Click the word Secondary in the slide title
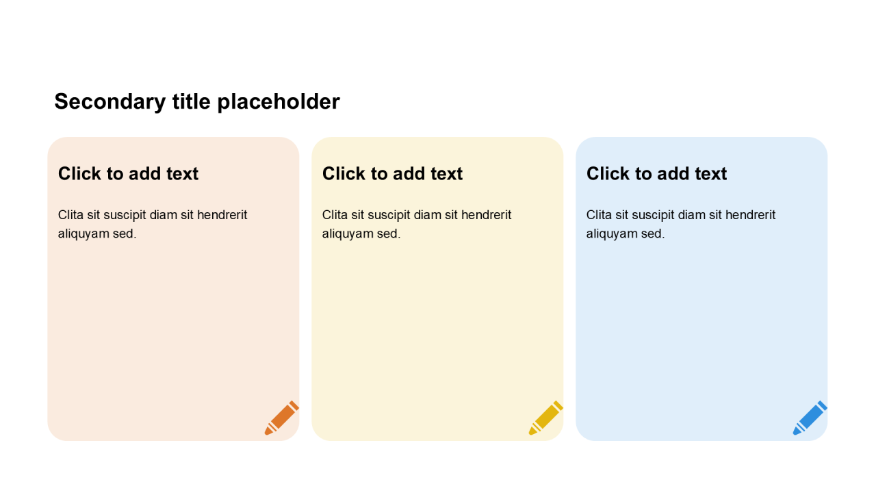click(x=110, y=102)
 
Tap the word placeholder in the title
click(x=279, y=102)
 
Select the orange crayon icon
click(x=281, y=418)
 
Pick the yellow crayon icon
click(x=546, y=418)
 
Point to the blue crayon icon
click(x=810, y=418)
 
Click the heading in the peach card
click(x=128, y=173)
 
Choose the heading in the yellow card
click(x=392, y=173)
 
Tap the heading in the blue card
click(x=656, y=173)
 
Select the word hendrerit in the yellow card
click(x=486, y=215)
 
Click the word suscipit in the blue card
click(x=652, y=216)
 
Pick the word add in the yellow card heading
click(x=409, y=173)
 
